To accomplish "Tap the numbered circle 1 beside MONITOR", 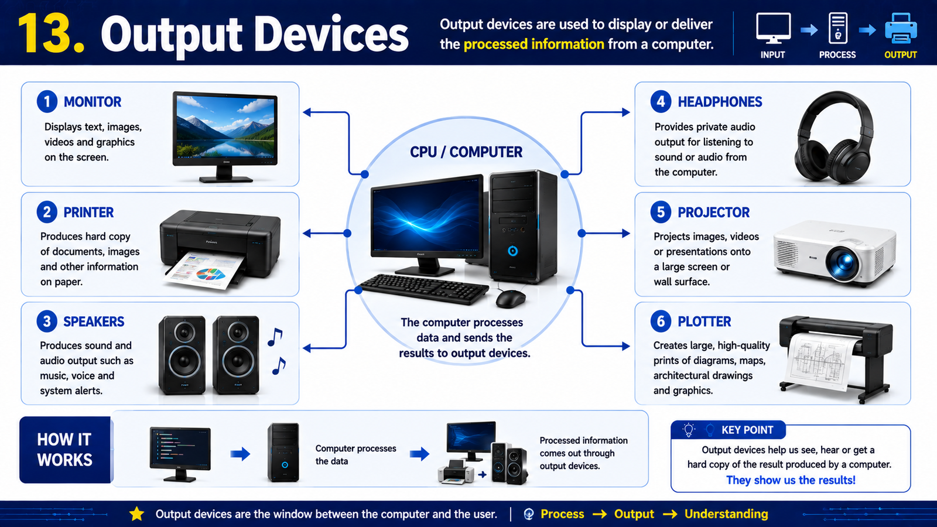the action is coord(47,102).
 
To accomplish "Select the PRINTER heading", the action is coord(88,213).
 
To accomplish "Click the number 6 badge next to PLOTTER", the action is coord(661,321).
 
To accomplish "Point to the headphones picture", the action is coord(835,138).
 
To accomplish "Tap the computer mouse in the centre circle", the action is coord(511,299).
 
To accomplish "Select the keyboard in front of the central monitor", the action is coord(423,289).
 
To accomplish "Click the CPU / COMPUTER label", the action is coord(466,152).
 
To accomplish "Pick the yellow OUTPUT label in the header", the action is coord(901,55).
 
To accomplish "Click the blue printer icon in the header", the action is coord(901,28).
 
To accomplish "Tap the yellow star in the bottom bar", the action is coord(137,514).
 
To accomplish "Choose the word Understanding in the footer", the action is coord(726,514).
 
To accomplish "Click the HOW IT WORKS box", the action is coord(65,450).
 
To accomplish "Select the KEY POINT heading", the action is coord(747,430).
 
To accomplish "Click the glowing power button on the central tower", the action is coord(513,251).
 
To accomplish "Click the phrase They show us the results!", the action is coord(791,480).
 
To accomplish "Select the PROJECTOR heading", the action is coord(714,213).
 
